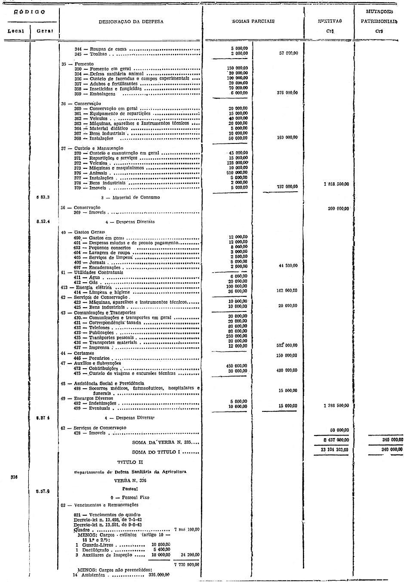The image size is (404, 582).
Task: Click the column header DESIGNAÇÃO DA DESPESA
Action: click(131, 21)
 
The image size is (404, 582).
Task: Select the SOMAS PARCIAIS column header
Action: click(253, 21)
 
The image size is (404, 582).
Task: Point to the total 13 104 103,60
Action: click(333, 449)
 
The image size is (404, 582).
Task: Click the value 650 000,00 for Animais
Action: click(237, 172)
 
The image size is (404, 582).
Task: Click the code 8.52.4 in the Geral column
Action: click(43, 222)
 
